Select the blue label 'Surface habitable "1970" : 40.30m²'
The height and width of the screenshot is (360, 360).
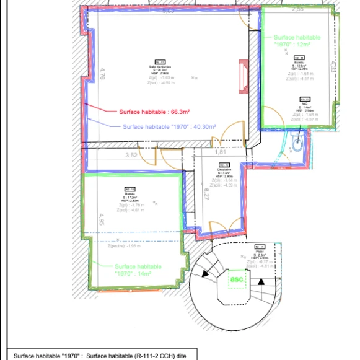click(x=169, y=126)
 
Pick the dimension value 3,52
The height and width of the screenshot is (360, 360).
click(x=131, y=155)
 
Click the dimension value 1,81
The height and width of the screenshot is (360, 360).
click(x=220, y=152)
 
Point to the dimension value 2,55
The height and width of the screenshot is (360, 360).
click(x=297, y=9)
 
